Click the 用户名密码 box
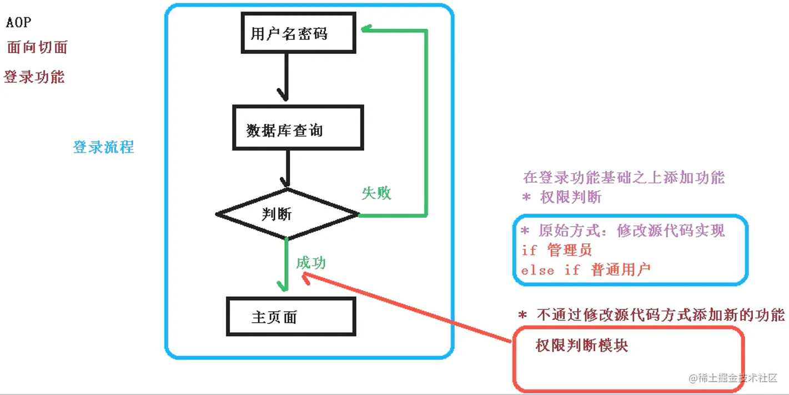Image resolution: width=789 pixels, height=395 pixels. pyautogui.click(x=299, y=34)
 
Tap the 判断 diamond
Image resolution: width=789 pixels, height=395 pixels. pyautogui.click(x=287, y=214)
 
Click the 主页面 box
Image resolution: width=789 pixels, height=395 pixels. pyautogui.click(x=291, y=317)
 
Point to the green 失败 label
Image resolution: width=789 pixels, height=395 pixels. pyautogui.click(x=376, y=193)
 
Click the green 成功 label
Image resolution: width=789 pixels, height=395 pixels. pyautogui.click(x=310, y=263)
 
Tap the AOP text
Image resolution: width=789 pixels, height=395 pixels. pyautogui.click(x=19, y=23)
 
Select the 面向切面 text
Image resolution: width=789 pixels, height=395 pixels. pyautogui.click(x=37, y=47)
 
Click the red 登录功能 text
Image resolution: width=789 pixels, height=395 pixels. pyautogui.click(x=34, y=77)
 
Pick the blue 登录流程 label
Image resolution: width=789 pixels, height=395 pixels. pyautogui.click(x=103, y=147)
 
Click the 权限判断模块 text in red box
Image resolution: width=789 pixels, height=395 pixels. pyautogui.click(x=582, y=346)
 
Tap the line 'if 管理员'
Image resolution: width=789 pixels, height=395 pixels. pyautogui.click(x=556, y=251)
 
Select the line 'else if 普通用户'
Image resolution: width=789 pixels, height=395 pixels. pyautogui.click(x=585, y=271)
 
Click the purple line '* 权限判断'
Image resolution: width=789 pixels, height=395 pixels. pyautogui.click(x=562, y=197)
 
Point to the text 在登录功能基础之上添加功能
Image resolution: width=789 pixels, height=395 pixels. pyautogui.click(x=624, y=178)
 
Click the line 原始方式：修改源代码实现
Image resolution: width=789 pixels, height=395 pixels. pyautogui.click(x=623, y=231)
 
